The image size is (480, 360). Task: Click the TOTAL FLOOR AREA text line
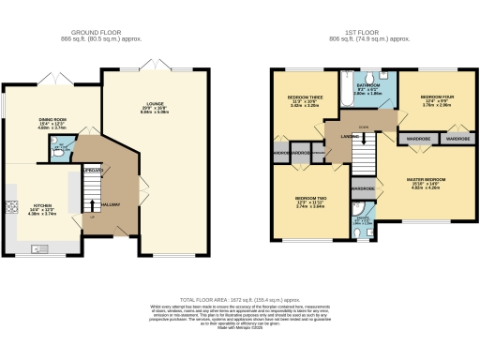(239, 292)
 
